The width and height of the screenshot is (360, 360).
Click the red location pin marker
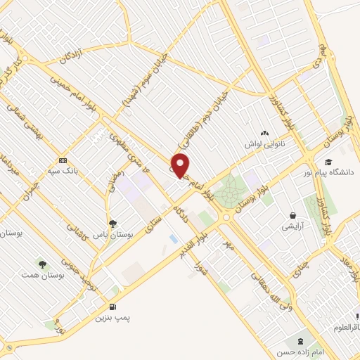click(x=181, y=166)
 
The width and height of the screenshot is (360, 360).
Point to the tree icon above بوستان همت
click(x=44, y=264)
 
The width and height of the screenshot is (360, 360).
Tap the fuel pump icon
click(x=112, y=307)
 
